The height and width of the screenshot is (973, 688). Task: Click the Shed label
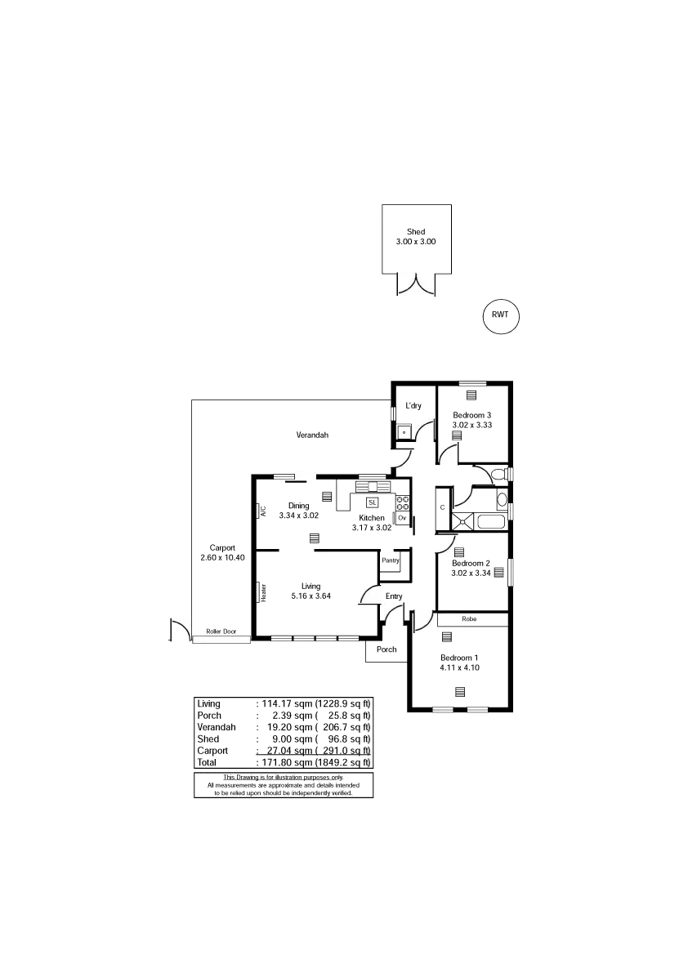click(x=416, y=232)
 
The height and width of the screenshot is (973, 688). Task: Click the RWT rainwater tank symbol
click(x=499, y=315)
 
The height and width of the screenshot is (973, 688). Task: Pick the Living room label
click(x=310, y=585)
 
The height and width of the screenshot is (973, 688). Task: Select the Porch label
click(x=387, y=649)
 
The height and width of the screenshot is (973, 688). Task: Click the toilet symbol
click(x=498, y=473)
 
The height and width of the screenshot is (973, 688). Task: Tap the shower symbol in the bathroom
click(x=464, y=520)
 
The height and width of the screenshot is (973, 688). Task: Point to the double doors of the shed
click(x=417, y=285)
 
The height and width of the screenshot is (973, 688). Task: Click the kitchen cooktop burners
click(x=402, y=503)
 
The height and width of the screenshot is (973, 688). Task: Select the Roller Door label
click(x=221, y=632)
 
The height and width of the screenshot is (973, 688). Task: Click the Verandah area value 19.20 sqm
click(x=283, y=726)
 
